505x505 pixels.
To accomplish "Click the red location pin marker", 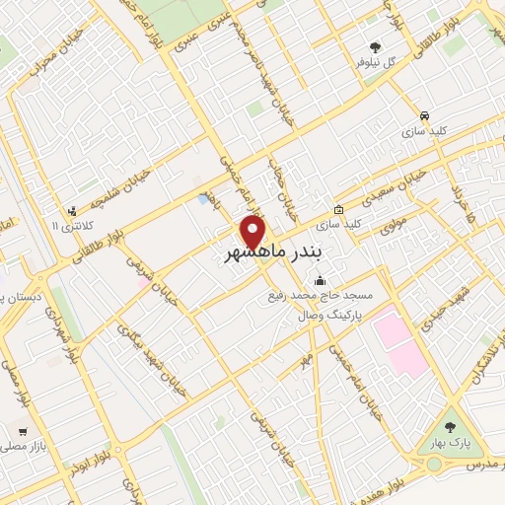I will pyautogui.click(x=253, y=232).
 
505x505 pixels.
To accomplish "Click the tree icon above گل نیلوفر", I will pyautogui.click(x=375, y=46).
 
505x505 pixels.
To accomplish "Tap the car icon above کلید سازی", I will pyautogui.click(x=424, y=114).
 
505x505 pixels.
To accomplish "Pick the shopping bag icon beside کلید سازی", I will pyautogui.click(x=338, y=210).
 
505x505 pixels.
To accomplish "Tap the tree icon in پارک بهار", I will pyautogui.click(x=451, y=427).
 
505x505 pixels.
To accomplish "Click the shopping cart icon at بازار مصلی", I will pyautogui.click(x=23, y=432).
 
